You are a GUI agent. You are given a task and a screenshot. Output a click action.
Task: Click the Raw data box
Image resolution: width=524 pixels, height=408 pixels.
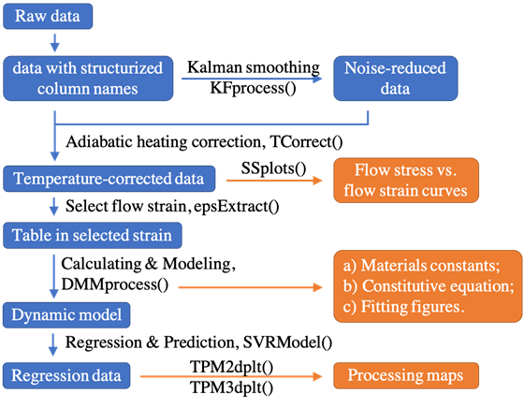click(x=48, y=16)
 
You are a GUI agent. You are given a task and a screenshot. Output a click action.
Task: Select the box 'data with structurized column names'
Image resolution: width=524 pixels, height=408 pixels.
click(x=88, y=79)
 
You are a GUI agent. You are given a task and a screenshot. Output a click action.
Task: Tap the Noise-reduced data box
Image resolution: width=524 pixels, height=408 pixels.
click(x=396, y=79)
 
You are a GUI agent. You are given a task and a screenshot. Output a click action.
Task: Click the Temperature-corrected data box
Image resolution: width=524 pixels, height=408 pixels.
click(x=109, y=179)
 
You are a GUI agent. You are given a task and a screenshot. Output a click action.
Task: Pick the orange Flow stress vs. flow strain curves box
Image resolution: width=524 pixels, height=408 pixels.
click(x=406, y=181)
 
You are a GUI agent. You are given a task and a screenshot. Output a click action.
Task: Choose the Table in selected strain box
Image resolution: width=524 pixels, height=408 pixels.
click(x=93, y=235)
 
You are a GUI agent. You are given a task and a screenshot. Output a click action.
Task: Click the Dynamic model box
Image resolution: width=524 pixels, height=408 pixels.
click(x=66, y=315)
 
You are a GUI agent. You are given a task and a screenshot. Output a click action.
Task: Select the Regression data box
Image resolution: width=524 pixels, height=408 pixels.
click(x=66, y=375)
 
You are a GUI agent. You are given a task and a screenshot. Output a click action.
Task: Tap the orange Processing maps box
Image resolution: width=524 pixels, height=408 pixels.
click(x=406, y=375)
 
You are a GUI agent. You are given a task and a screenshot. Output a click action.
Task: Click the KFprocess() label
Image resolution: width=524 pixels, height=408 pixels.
click(x=253, y=88)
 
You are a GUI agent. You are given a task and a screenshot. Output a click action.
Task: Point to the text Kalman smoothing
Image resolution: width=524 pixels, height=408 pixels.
click(x=253, y=67)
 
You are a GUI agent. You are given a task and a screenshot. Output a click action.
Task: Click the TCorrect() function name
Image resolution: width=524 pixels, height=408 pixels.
click(x=306, y=141)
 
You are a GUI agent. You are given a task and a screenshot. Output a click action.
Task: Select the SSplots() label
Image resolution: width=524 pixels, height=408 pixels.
click(x=273, y=168)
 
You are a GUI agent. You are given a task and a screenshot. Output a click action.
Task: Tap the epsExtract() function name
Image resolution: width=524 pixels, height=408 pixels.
click(x=236, y=206)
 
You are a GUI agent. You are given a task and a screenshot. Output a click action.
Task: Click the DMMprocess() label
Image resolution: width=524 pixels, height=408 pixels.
click(x=115, y=284)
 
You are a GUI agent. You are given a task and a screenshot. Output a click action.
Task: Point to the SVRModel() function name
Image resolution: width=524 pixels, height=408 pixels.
click(x=287, y=342)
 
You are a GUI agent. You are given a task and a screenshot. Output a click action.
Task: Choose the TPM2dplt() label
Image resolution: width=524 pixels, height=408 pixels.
click(x=232, y=367)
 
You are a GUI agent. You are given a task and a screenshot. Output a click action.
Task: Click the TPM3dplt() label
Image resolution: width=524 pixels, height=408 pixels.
click(x=232, y=388)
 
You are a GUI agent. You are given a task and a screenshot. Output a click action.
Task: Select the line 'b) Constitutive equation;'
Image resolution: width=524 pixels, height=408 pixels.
click(x=429, y=286)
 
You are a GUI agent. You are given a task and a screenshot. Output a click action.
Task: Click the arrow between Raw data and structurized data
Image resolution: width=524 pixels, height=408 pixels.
click(x=55, y=43)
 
